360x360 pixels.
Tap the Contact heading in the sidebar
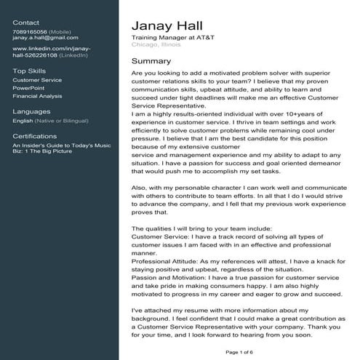[x=26, y=23]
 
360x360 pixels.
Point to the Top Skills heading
[x=30, y=71]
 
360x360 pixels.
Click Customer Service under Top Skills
[x=37, y=79]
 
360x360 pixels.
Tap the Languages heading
[x=31, y=111]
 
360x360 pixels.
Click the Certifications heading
[x=35, y=136]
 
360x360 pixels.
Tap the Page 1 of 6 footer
[x=239, y=352]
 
